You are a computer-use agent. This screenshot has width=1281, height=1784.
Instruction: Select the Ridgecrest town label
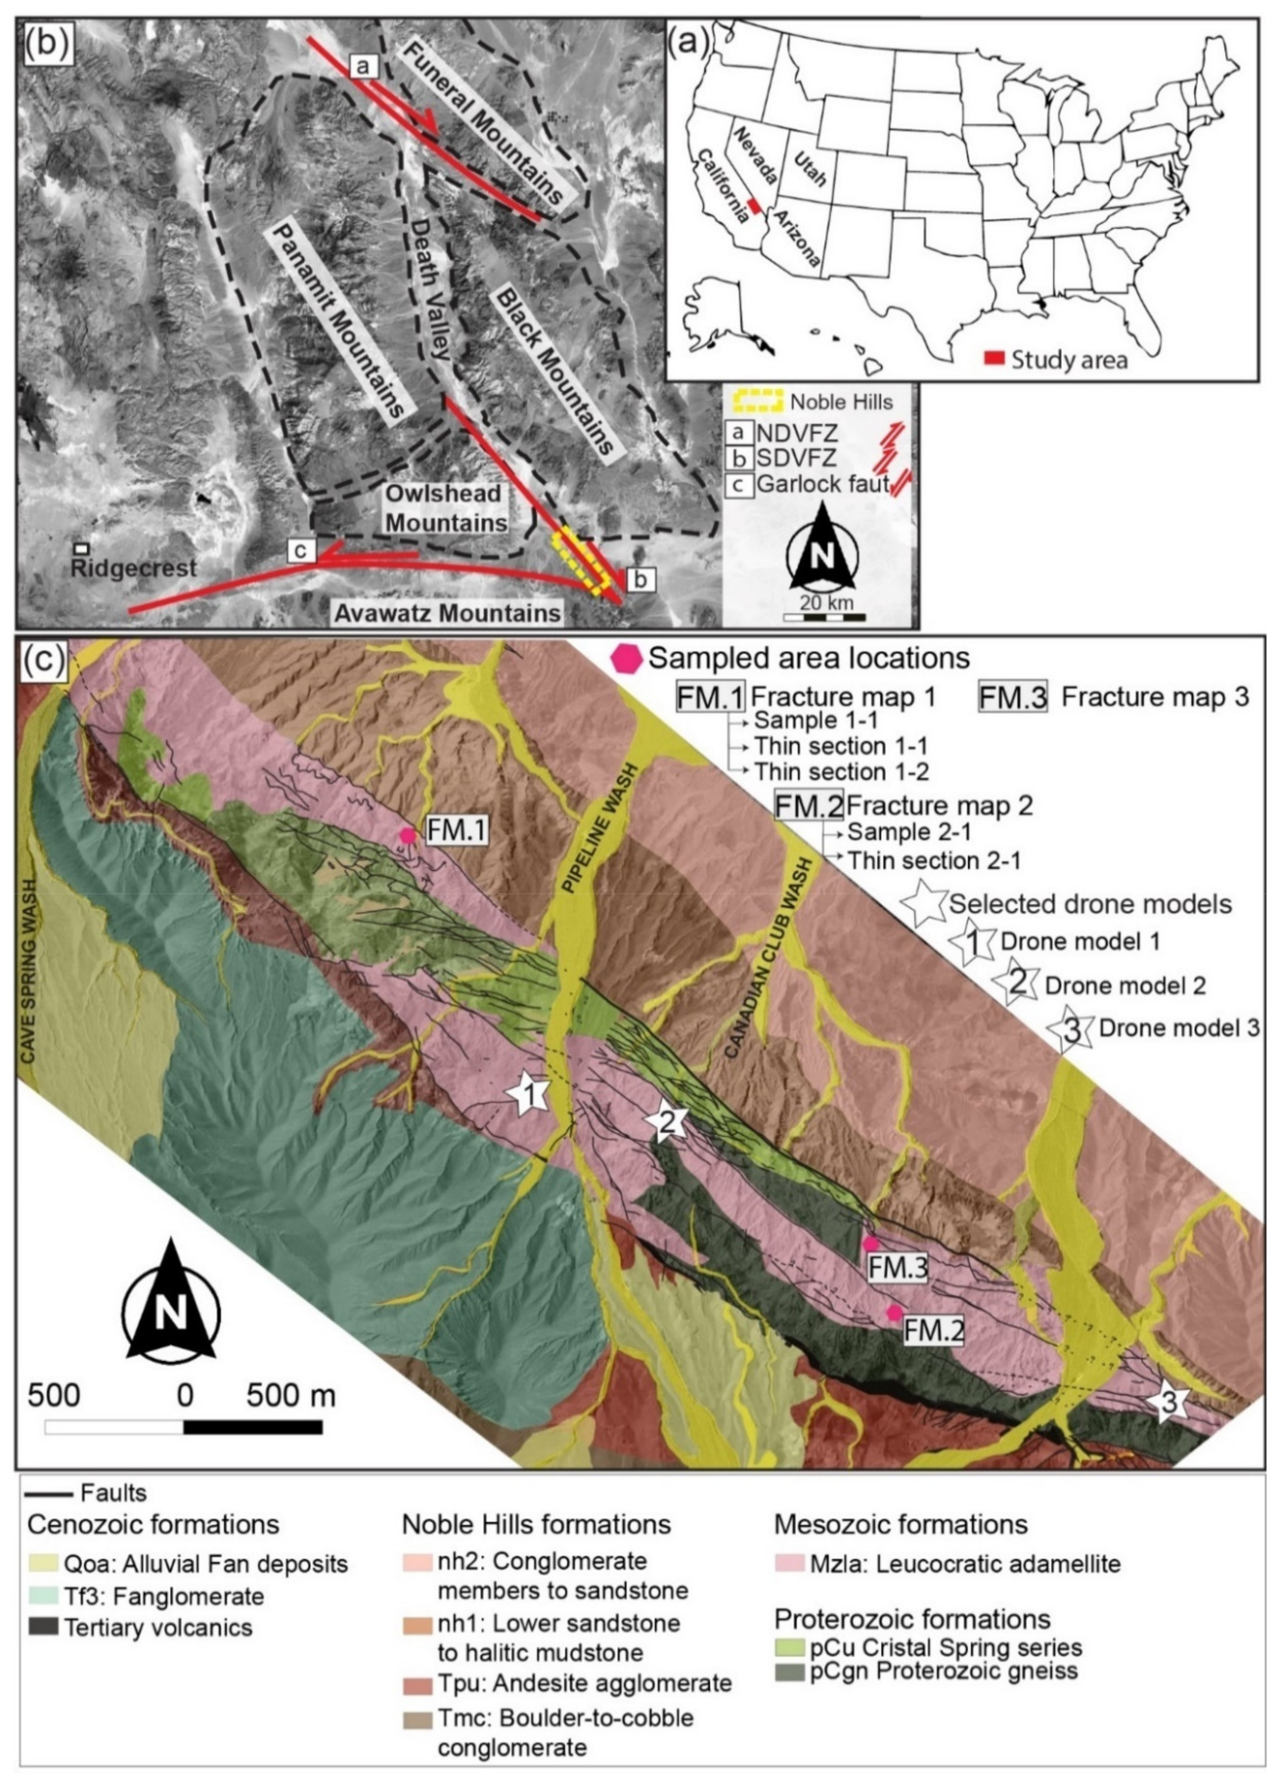[x=133, y=568]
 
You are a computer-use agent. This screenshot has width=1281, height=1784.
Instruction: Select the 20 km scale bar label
[x=826, y=604]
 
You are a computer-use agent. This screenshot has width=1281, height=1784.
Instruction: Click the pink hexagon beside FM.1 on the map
[x=406, y=835]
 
